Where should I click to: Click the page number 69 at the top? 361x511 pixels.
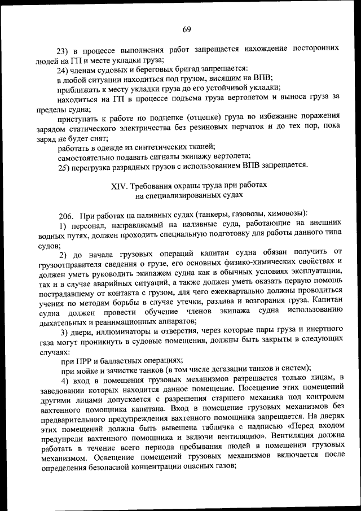click(187, 29)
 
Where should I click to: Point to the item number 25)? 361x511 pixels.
click(65, 166)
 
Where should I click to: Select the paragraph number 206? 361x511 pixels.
click(67, 215)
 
